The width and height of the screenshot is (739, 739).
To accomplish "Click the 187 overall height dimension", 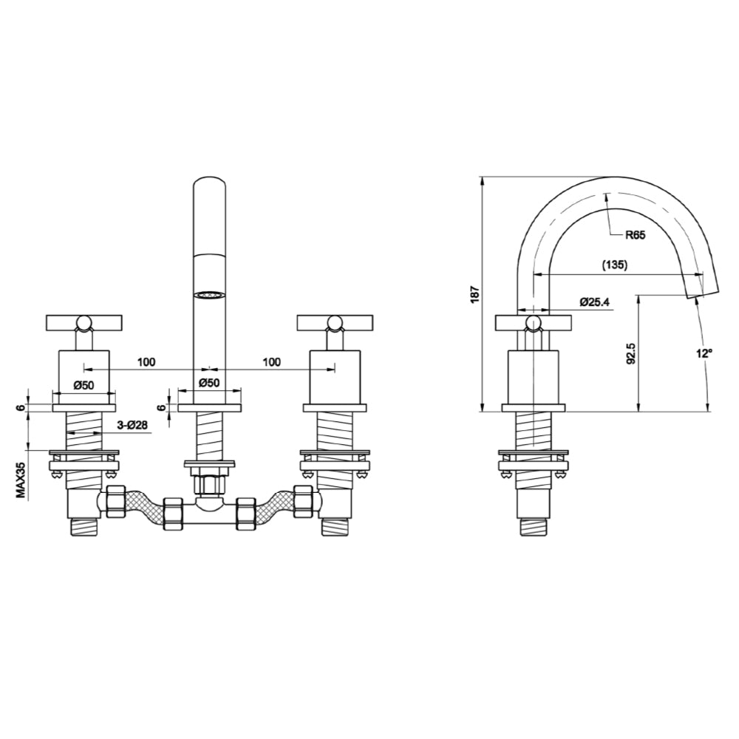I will tap(476, 293).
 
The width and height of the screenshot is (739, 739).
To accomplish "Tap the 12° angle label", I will tap(703, 353).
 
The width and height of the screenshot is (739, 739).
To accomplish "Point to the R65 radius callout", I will tap(635, 236).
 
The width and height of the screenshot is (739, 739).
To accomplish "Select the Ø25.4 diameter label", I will tap(596, 302).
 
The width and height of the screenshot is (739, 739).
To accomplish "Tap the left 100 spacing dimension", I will tap(146, 361).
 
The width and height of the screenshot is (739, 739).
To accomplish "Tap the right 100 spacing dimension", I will tap(271, 361).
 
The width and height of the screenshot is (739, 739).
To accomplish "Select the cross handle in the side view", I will tap(533, 322).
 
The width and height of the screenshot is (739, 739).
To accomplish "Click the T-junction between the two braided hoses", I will tap(210, 510).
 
